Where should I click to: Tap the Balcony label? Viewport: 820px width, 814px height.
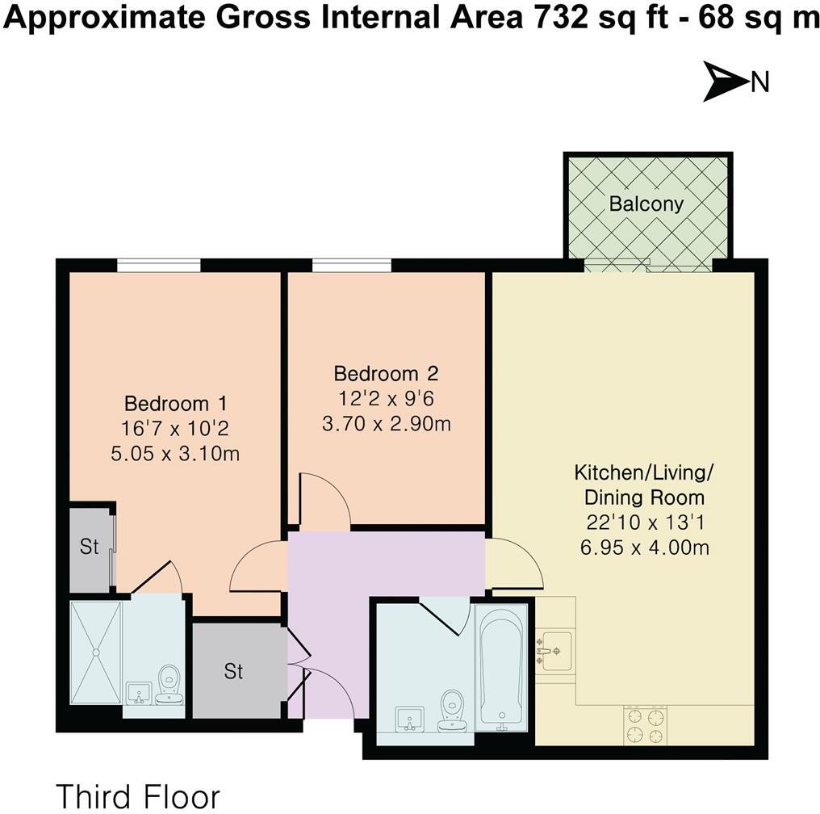tap(646, 203)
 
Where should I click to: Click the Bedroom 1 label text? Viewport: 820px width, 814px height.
tap(175, 402)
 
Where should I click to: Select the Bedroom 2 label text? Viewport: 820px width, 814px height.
tap(386, 374)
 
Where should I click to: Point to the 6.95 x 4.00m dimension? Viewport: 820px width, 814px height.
tap(644, 548)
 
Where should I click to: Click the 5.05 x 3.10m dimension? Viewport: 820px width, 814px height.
tap(175, 454)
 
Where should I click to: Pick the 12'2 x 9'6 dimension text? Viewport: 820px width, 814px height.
tap(386, 399)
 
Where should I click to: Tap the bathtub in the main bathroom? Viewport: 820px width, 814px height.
tap(501, 667)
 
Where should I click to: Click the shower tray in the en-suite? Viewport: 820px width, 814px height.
tap(95, 652)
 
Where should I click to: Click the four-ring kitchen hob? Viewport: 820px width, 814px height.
tap(646, 724)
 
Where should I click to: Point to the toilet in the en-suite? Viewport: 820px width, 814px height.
tap(169, 683)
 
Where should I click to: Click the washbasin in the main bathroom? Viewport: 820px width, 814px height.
tap(411, 717)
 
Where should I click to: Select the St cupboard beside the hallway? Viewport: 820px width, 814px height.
tap(234, 671)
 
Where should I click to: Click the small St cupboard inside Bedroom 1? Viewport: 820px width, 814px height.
tap(89, 548)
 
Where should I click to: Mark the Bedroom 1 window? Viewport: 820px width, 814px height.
tap(158, 265)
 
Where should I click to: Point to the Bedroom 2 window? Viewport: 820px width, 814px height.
tap(351, 265)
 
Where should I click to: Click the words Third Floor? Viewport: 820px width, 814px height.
tap(137, 795)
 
